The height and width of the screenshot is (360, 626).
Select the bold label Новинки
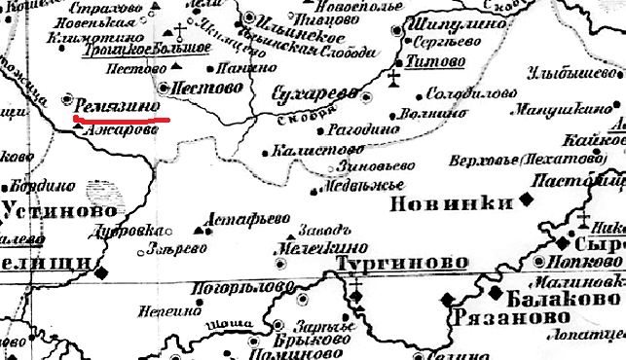[451, 203]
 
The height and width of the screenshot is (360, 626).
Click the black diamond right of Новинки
[527, 198]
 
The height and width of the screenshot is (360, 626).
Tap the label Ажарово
[121, 131]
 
